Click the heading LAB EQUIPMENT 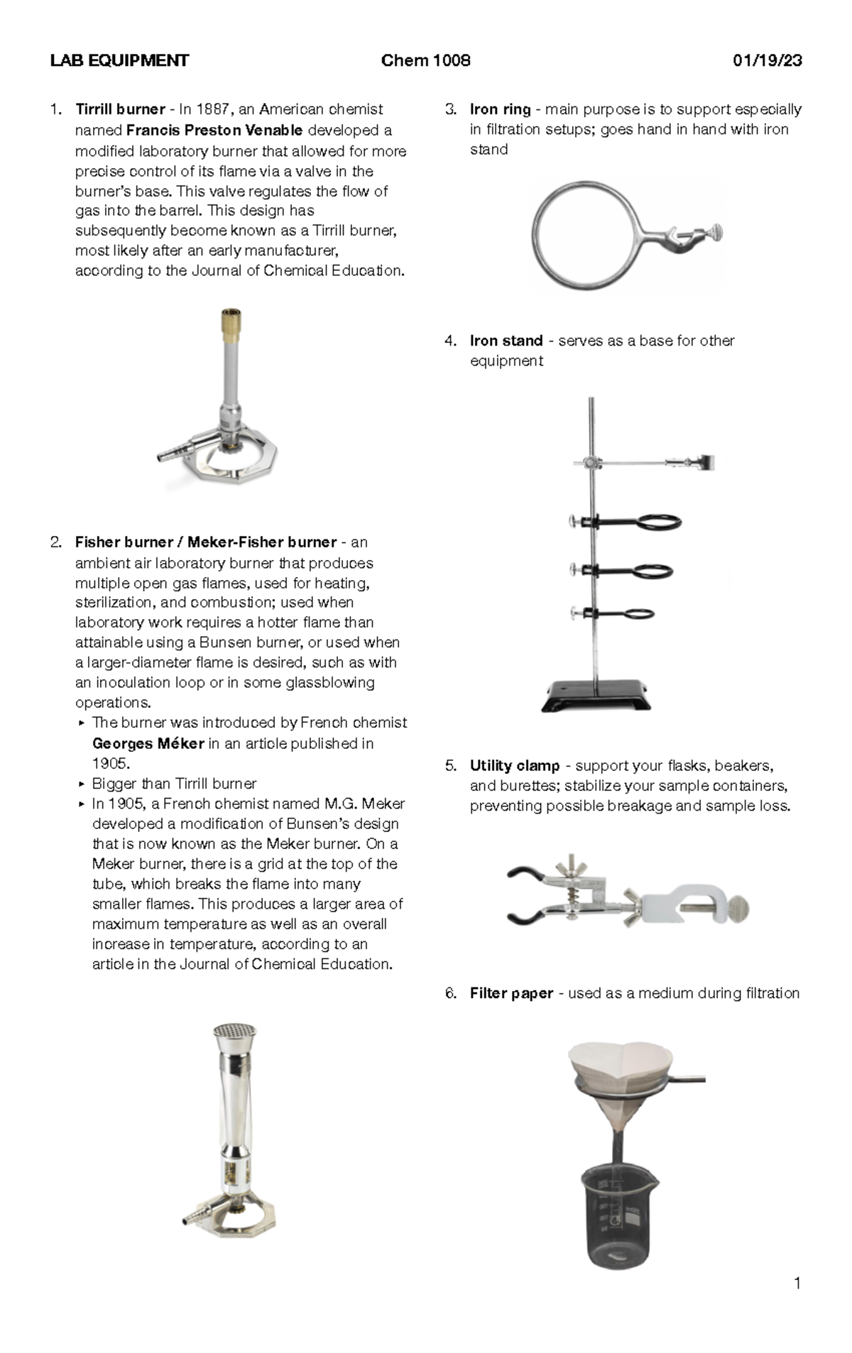(119, 60)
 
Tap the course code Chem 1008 (425, 60)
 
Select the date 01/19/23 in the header (767, 60)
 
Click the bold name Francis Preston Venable (214, 131)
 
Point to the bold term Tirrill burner (120, 109)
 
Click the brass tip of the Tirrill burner (229, 323)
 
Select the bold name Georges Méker (148, 743)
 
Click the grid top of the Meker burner (234, 1030)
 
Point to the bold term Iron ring (500, 109)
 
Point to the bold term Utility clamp (515, 766)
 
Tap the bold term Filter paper (511, 993)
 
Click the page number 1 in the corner (797, 1283)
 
